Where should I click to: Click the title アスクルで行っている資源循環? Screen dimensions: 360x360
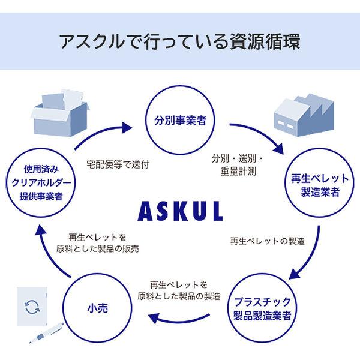click(x=180, y=41)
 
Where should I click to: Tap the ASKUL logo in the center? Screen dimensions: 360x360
click(x=180, y=211)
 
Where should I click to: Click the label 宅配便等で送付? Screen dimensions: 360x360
click(x=118, y=164)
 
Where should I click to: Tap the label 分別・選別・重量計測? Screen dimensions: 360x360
click(x=238, y=165)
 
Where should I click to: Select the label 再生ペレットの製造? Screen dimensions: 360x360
click(x=268, y=241)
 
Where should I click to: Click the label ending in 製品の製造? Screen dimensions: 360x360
click(x=179, y=290)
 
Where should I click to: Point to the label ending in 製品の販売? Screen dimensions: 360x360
click(x=98, y=243)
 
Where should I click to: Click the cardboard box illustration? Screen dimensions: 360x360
click(x=60, y=113)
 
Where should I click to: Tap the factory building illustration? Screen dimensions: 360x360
click(x=304, y=115)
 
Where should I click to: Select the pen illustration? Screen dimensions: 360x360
click(x=46, y=332)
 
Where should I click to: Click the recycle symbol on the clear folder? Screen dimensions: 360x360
click(x=32, y=307)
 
